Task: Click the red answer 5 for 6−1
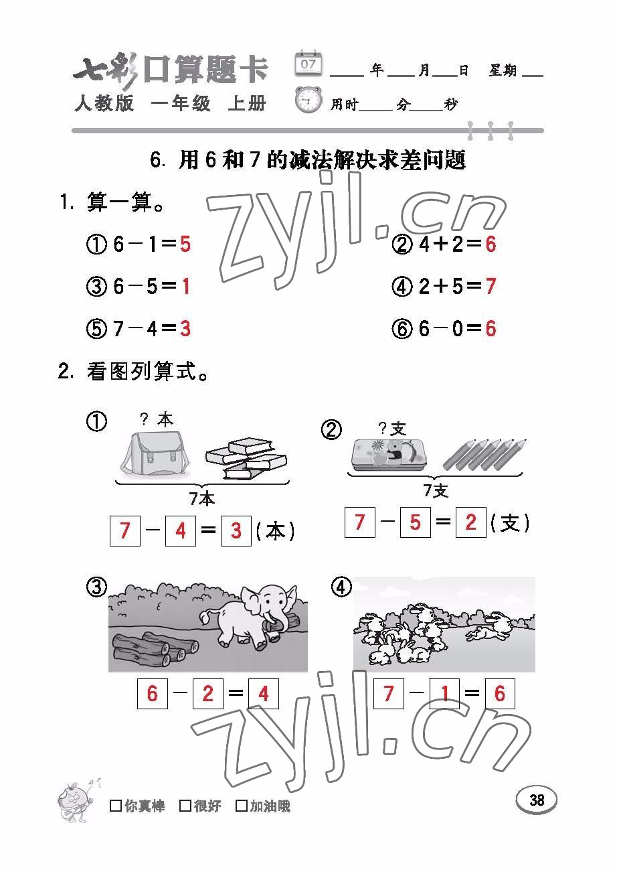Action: [x=185, y=244]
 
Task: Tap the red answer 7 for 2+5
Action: [x=491, y=286]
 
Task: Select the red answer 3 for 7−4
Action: [x=185, y=328]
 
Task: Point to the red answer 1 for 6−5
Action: [x=185, y=286]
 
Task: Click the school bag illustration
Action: [x=156, y=454]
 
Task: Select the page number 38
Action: [x=537, y=800]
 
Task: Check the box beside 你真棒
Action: [x=116, y=805]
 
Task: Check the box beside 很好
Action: [x=185, y=805]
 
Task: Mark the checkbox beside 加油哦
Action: [x=242, y=805]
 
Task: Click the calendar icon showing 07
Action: [x=308, y=63]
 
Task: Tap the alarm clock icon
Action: [x=308, y=100]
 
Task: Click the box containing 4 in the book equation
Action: [x=181, y=531]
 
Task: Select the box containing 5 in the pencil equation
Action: [x=416, y=522]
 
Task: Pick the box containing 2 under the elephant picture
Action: [x=207, y=693]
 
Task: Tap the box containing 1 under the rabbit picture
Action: [x=444, y=693]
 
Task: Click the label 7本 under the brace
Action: [x=202, y=499]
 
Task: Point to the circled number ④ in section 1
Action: [x=402, y=287]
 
